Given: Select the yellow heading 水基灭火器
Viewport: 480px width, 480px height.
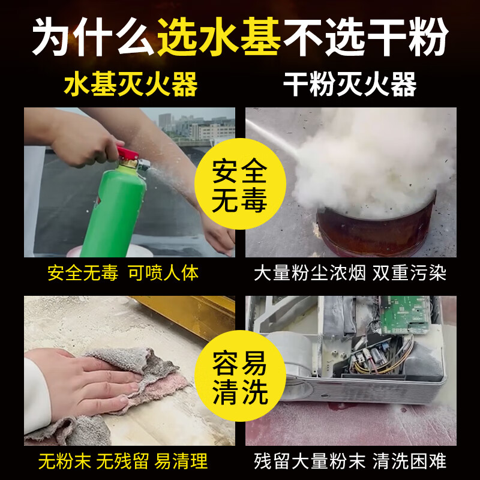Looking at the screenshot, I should pos(130,85).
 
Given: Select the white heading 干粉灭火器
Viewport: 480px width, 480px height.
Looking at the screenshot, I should pos(350,85).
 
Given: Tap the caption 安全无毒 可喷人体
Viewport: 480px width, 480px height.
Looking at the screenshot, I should pos(122,274).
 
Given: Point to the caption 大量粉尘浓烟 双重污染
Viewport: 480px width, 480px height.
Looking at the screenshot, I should pos(350,274).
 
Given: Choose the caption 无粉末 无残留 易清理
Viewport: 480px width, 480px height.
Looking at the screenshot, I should pos(122,461).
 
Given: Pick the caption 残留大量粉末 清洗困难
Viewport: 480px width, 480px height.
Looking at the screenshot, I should pos(350,461).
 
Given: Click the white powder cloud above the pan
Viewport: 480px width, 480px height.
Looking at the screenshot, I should pos(372,162).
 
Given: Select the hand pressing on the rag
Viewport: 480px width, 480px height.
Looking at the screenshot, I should pos(84,378).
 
